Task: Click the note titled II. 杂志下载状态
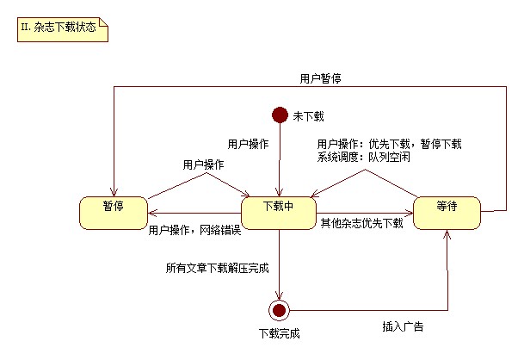[x=61, y=28]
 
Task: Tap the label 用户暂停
[x=320, y=78]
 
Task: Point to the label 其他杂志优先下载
[x=361, y=223]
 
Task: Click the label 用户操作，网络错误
[x=194, y=230]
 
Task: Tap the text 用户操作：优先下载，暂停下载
[x=389, y=144]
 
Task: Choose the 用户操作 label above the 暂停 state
[x=203, y=164]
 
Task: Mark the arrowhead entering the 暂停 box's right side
[x=151, y=214]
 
